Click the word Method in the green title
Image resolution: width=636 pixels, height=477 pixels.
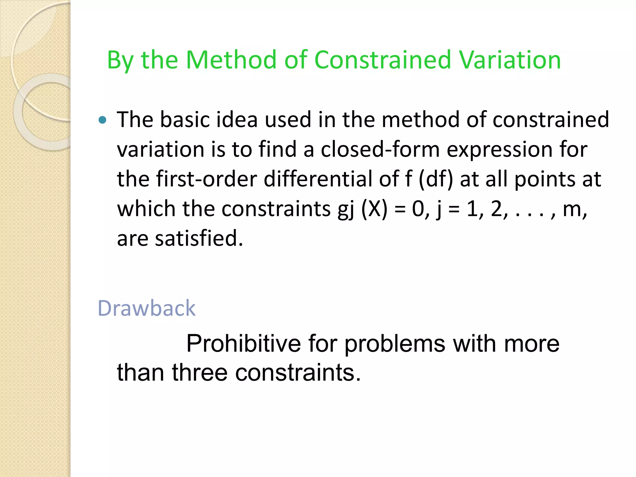pos(231,60)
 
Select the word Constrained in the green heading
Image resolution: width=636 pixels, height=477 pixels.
pos(383,60)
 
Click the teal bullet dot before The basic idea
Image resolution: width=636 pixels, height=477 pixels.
pos(102,120)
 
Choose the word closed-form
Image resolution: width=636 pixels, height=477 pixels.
pos(380,149)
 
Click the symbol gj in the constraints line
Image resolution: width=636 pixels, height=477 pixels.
pos(346,209)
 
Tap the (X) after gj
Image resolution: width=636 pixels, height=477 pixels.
pos(375,209)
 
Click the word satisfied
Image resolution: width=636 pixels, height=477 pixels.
pos(198,238)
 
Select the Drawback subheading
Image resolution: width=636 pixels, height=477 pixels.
pos(147,308)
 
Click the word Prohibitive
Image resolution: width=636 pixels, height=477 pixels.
pos(243,343)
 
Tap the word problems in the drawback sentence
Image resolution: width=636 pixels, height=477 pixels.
pos(395,343)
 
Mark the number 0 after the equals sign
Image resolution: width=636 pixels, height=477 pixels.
pos(418,209)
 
